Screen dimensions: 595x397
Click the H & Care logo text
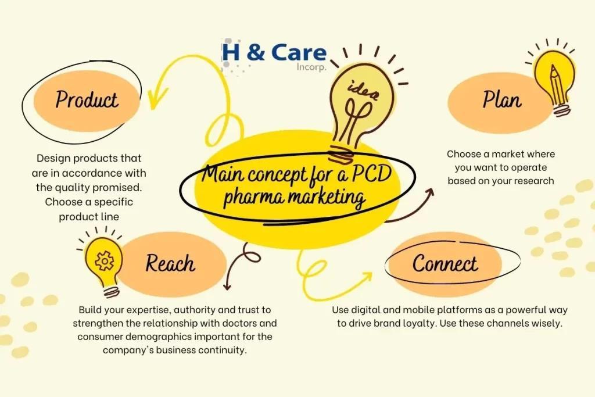click(274, 53)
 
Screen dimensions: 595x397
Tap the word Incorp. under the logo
click(312, 67)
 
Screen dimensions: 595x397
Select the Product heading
click(87, 99)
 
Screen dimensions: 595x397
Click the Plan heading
click(501, 100)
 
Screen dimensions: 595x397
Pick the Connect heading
click(445, 263)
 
